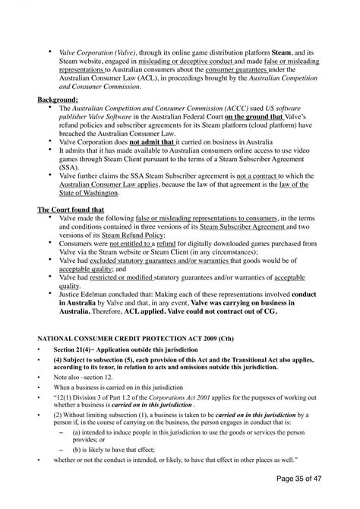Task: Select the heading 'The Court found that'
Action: coord(70,209)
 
